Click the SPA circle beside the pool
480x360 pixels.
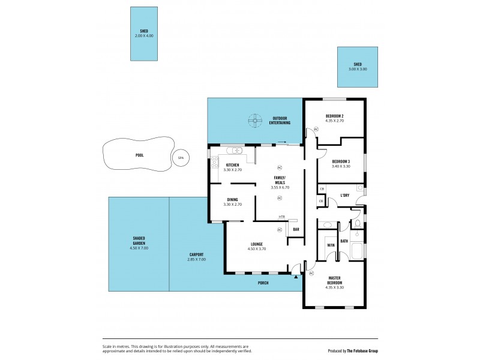(179, 158)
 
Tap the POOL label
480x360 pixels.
(139, 155)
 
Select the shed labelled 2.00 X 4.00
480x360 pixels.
(144, 34)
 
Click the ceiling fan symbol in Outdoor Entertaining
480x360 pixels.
(256, 121)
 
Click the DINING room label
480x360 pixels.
(233, 200)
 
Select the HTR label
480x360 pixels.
(281, 217)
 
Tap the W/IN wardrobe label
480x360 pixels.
(331, 245)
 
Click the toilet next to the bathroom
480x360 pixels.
(356, 226)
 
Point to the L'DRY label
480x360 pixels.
(345, 195)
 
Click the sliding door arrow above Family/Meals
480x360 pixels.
(281, 142)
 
